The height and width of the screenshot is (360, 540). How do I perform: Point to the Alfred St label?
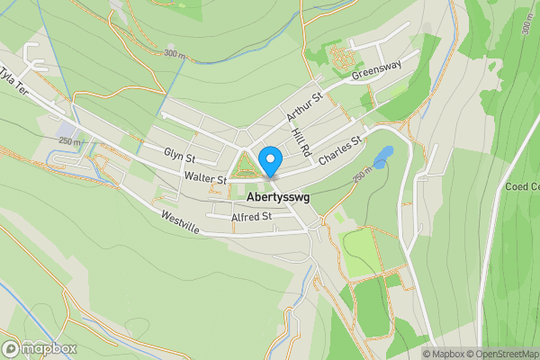point(251,217)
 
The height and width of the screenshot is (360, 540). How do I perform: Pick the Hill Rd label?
point(301,139)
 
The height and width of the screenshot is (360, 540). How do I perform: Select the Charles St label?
point(339,150)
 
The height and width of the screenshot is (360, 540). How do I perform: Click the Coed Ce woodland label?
point(522,186)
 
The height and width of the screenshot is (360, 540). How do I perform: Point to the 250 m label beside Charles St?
point(362,178)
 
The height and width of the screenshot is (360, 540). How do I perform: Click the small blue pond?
point(384,156)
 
